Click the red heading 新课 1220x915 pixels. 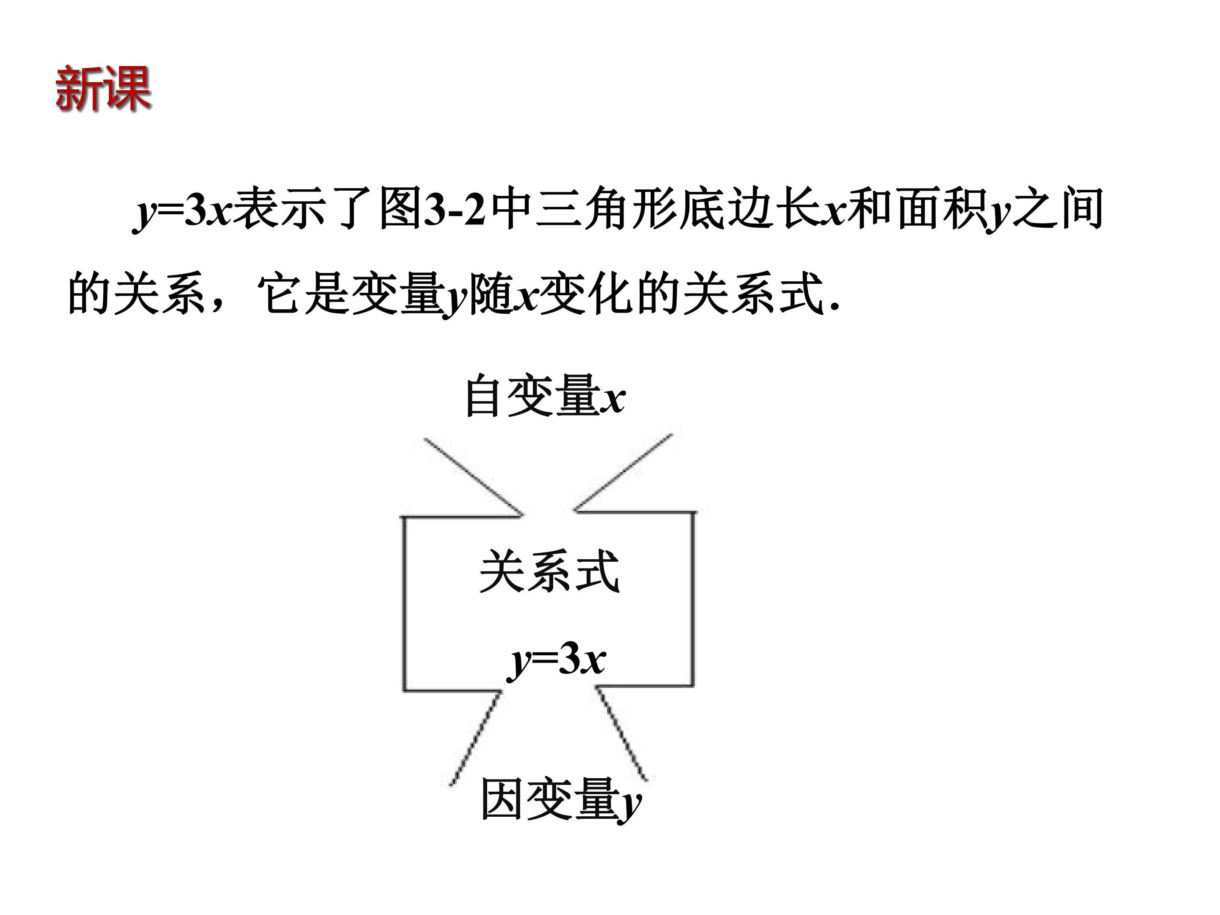(103, 88)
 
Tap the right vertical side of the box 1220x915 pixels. (692, 599)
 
